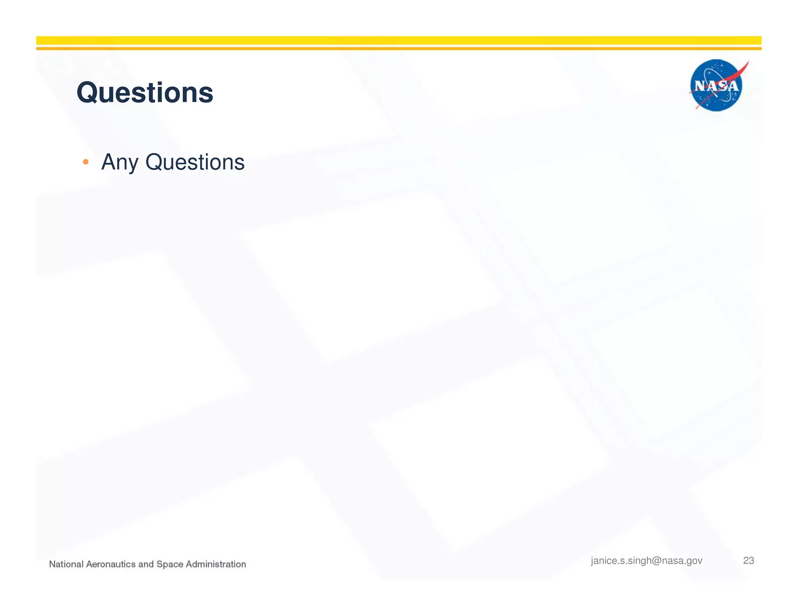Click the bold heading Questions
pyautogui.click(x=145, y=93)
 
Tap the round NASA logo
pyautogui.click(x=716, y=85)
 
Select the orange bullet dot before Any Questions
pyautogui.click(x=86, y=162)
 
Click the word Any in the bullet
pyautogui.click(x=119, y=162)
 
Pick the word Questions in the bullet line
pyautogui.click(x=195, y=162)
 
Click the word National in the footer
pyautogui.click(x=66, y=564)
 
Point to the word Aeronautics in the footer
pyautogui.click(x=111, y=564)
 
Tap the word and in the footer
pyautogui.click(x=146, y=564)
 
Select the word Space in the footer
pyautogui.click(x=170, y=564)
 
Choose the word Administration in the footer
pyautogui.click(x=216, y=564)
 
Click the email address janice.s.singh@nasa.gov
pyautogui.click(x=646, y=561)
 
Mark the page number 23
pyautogui.click(x=749, y=561)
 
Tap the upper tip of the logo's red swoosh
pyautogui.click(x=747, y=63)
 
